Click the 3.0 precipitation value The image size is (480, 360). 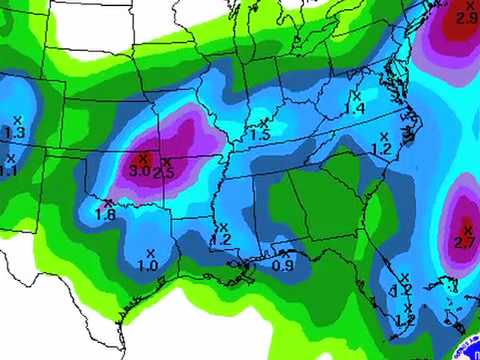(x=139, y=171)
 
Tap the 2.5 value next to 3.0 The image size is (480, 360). (x=164, y=174)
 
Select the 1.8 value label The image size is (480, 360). (x=104, y=214)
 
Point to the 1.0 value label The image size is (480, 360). (x=147, y=265)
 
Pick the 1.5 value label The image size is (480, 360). (x=260, y=135)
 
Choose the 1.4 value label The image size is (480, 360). (x=354, y=108)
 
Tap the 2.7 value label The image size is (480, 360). (x=464, y=242)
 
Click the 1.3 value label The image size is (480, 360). (x=15, y=132)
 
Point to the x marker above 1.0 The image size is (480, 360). (x=151, y=252)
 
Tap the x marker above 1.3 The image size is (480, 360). (x=17, y=120)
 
